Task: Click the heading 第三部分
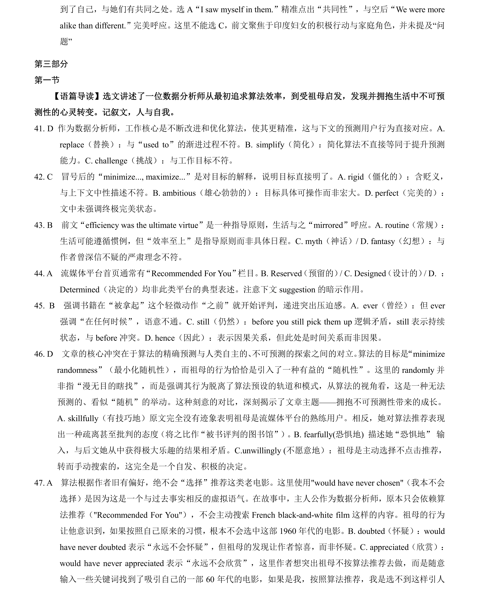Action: tap(51, 64)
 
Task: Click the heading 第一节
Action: tap(47, 80)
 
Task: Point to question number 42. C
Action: tap(43, 177)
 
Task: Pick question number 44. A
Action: tap(43, 274)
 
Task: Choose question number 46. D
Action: tap(43, 354)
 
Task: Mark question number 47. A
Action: tap(43, 483)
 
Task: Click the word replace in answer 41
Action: tap(72, 145)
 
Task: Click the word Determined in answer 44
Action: tap(79, 290)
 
